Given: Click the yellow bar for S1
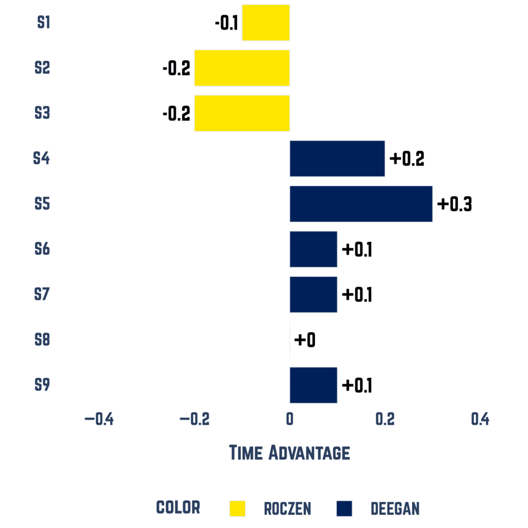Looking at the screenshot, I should click(x=266, y=23).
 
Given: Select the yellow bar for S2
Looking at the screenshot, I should click(x=242, y=68).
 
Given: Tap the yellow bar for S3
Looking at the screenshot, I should click(x=242, y=113).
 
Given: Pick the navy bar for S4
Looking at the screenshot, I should click(x=337, y=159).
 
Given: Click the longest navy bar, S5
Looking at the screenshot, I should click(x=361, y=204).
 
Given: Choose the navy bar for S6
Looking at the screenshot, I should click(x=313, y=250).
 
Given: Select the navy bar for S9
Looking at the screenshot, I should click(x=313, y=385).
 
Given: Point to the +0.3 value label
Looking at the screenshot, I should click(x=454, y=204).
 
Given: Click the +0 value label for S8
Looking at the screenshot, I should click(x=305, y=340).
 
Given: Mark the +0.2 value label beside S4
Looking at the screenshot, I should click(x=407, y=159).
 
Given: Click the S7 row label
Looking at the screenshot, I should click(x=42, y=294).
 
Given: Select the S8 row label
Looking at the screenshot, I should click(x=42, y=340).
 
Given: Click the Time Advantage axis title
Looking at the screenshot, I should click(x=289, y=453).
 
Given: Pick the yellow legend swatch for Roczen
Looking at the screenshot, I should click(x=238, y=508).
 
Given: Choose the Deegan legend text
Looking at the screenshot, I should click(x=395, y=509).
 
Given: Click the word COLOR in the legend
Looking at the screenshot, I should click(x=178, y=507).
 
